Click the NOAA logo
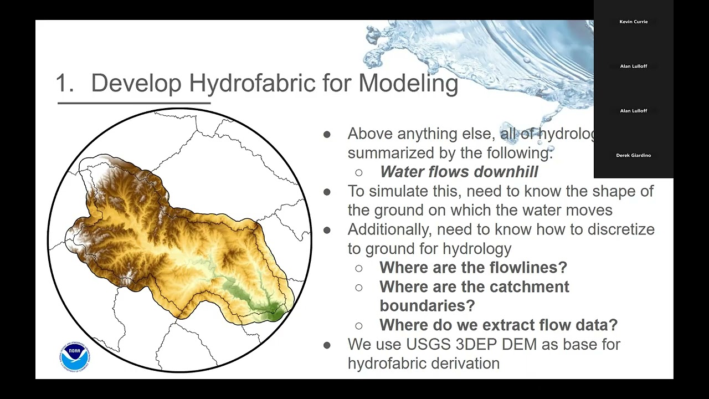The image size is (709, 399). [74, 356]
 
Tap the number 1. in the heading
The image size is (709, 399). [65, 83]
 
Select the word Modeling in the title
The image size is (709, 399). [408, 83]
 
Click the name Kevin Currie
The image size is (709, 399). [633, 22]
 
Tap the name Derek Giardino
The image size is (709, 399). [633, 155]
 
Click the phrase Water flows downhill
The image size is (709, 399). [459, 172]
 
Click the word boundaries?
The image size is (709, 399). [427, 306]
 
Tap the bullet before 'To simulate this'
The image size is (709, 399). [327, 192]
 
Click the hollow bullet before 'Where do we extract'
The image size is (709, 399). [359, 326]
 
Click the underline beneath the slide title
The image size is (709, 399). [134, 103]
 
